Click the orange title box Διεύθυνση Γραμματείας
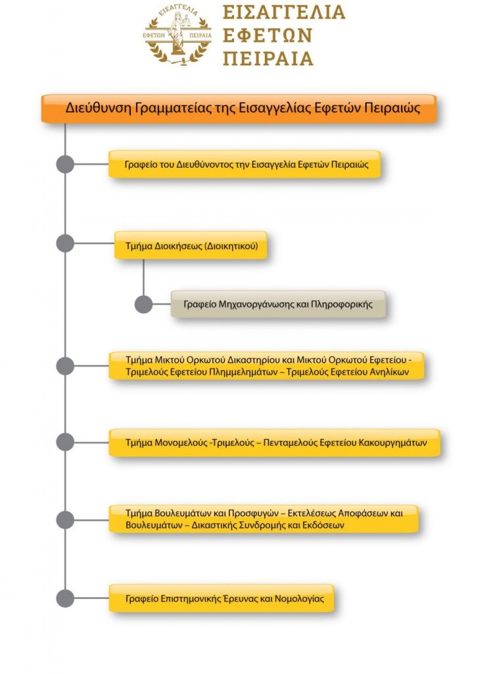point(239,108)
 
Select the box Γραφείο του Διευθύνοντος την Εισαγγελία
point(245,165)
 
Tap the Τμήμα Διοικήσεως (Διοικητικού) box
point(191,247)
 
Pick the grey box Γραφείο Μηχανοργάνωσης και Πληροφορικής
point(278,305)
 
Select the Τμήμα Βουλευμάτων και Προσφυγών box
point(263,519)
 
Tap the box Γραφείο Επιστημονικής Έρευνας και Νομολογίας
point(222,598)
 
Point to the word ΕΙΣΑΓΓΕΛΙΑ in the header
point(283,13)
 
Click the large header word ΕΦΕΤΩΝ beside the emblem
point(266,36)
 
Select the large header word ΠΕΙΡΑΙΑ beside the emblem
point(268,58)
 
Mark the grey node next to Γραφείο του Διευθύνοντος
point(65,165)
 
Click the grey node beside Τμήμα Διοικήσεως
point(65,243)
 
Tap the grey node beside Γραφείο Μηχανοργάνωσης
point(143,305)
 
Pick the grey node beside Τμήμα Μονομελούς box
point(65,442)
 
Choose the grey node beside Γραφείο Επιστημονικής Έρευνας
point(65,598)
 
